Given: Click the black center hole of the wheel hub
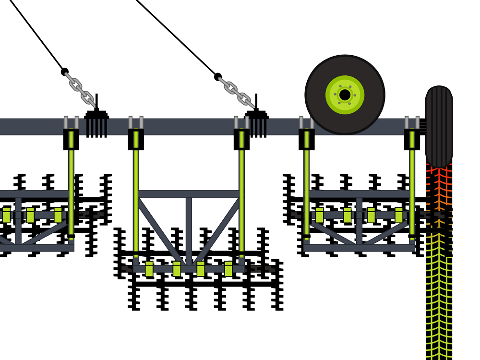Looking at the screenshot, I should pos(345,95).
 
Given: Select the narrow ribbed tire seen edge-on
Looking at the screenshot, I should pos(439,126).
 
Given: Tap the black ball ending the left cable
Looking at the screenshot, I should pos(64,72).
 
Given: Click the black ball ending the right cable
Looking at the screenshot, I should pos(217,76).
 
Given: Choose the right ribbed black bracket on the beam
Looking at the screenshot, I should pos(257,126).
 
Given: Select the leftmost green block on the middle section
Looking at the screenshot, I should pos(149,269).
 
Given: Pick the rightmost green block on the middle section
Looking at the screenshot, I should pos(228,269).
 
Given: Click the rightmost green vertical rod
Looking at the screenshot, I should pos(412,187).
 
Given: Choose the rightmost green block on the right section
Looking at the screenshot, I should pos(399,216).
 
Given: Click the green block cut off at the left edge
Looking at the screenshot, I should pos(6,216).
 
